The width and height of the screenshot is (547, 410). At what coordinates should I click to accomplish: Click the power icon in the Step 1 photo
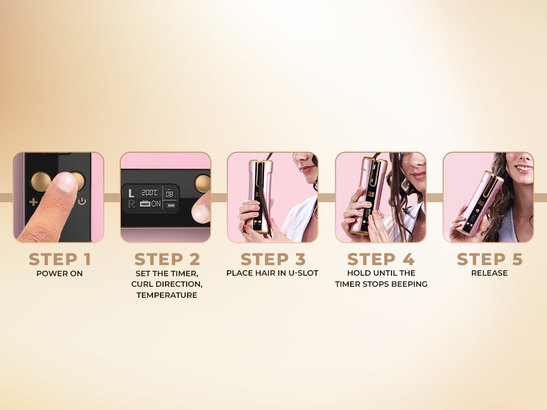pyautogui.click(x=82, y=201)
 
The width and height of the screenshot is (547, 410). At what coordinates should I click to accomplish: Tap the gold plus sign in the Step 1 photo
pyautogui.click(x=34, y=202)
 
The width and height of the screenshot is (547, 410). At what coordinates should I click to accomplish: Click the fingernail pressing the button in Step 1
pyautogui.click(x=66, y=182)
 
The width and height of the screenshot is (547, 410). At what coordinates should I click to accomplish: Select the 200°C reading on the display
pyautogui.click(x=149, y=193)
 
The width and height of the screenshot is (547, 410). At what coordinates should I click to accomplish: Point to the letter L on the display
pyautogui.click(x=131, y=193)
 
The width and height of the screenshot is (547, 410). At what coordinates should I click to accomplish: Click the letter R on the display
pyautogui.click(x=131, y=204)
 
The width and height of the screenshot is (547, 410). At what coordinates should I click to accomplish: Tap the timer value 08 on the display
pyautogui.click(x=169, y=194)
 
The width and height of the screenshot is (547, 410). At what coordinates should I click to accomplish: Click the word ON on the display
pyautogui.click(x=156, y=204)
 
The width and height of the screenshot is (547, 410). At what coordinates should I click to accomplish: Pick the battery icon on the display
pyautogui.click(x=171, y=205)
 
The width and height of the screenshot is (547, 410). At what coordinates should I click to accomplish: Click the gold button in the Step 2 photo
pyautogui.click(x=203, y=184)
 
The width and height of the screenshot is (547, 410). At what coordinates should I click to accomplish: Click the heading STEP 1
pyautogui.click(x=60, y=260)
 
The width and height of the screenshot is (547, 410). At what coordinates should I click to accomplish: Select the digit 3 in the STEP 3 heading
pyautogui.click(x=300, y=260)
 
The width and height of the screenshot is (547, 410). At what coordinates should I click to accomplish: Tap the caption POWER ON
pyautogui.click(x=60, y=274)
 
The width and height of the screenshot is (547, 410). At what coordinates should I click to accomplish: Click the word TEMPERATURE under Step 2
pyautogui.click(x=167, y=295)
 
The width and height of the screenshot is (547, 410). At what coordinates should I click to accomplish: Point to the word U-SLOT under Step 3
pyautogui.click(x=303, y=273)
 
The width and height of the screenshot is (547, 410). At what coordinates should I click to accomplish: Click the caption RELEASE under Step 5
pyautogui.click(x=490, y=273)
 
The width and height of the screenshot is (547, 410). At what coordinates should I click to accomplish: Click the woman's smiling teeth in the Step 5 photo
pyautogui.click(x=524, y=169)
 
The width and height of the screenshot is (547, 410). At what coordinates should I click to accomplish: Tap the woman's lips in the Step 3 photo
pyautogui.click(x=306, y=169)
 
